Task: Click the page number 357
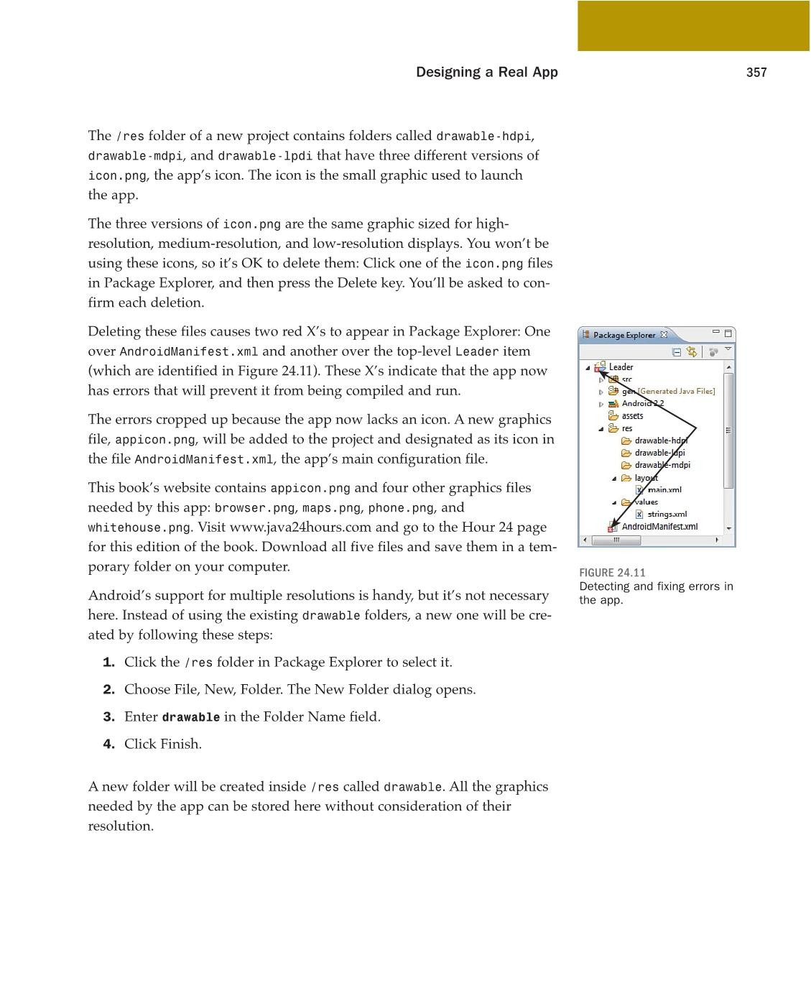click(x=756, y=73)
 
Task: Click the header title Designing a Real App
click(x=486, y=73)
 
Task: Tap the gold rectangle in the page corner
click(x=693, y=26)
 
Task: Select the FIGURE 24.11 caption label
click(x=612, y=573)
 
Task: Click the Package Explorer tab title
click(x=624, y=335)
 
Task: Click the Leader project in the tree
click(x=621, y=367)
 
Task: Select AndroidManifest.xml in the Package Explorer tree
click(x=659, y=527)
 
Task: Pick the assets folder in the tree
click(x=632, y=416)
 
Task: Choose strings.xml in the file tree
click(x=667, y=515)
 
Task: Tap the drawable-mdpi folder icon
click(x=626, y=465)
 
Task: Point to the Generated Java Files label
click(x=676, y=392)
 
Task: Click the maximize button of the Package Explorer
click(x=728, y=333)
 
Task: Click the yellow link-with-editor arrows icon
click(x=692, y=352)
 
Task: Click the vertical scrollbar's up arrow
click(x=729, y=367)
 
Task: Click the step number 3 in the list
click(x=108, y=717)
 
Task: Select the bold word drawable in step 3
click(x=191, y=717)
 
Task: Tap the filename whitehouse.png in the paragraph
click(x=139, y=527)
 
